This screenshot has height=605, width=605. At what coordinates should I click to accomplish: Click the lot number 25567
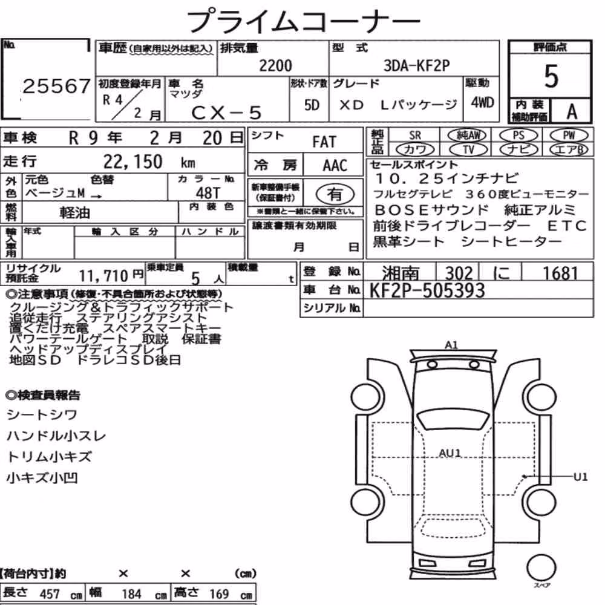56,86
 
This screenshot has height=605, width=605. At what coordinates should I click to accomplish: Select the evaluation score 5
551,76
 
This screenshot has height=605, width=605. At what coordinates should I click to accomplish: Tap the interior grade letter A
572,112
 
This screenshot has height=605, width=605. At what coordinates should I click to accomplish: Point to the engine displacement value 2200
275,65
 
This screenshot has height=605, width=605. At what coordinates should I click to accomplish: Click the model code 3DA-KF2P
417,65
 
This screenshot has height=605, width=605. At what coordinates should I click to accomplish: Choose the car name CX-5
226,113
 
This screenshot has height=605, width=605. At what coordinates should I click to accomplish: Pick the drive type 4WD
482,102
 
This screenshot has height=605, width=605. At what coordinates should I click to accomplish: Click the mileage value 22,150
132,162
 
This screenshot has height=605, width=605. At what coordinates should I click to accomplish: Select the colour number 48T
208,192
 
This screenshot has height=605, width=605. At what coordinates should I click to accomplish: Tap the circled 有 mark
335,194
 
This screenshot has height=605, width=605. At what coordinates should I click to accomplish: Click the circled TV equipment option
468,149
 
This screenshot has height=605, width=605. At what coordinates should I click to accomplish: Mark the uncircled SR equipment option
415,136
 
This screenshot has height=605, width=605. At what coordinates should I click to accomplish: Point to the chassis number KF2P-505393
427,290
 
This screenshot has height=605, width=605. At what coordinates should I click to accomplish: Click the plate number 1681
560,273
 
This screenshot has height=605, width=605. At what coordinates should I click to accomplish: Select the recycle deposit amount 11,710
103,275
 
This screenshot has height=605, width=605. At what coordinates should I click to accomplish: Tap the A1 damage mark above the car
451,345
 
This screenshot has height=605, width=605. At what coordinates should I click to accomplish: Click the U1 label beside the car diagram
580,477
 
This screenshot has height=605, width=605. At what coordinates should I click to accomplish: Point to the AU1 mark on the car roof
450,453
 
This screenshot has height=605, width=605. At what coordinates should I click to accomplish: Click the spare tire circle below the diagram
541,567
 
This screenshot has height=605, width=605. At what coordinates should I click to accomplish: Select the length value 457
50,594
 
